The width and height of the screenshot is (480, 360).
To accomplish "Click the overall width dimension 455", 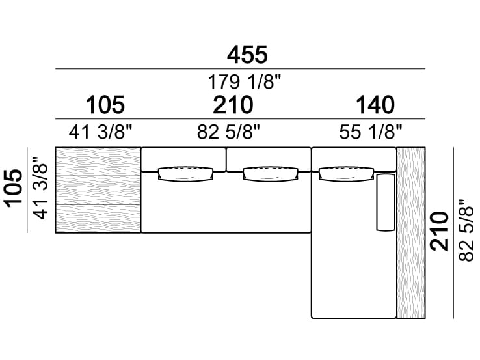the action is (247, 55).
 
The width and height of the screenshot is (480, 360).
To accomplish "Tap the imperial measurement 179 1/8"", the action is (244, 82).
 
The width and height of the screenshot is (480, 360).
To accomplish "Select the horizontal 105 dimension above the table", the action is (105, 105).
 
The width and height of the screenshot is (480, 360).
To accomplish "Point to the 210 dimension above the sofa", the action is (233, 105).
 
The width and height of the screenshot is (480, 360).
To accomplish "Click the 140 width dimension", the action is (375, 105).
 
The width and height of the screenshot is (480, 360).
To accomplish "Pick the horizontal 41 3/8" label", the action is (100, 132).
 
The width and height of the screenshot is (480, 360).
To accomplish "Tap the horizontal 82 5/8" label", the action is (228, 132).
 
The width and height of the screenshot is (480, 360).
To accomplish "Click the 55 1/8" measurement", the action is (370, 132).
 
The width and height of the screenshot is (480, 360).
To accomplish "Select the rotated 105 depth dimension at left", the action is (13, 189).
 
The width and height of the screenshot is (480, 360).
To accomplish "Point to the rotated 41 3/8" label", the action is (41, 188).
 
